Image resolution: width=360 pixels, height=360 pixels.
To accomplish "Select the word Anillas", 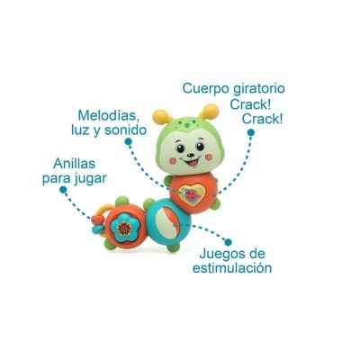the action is point(74,164).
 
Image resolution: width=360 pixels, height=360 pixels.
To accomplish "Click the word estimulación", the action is point(232,268).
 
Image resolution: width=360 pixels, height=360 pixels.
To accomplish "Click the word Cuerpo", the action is point(202,89).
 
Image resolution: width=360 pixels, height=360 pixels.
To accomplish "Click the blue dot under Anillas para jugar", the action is point(63,190).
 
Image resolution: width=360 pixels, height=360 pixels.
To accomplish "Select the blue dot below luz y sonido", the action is point(128,141).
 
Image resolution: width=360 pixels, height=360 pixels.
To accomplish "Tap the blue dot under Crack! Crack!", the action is point(251,132).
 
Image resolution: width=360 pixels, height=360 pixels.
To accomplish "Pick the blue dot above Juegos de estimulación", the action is point(229,242).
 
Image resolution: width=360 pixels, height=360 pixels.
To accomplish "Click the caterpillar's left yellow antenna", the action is point(162,117).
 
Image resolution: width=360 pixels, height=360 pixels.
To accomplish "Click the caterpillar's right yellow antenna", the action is point(209,112).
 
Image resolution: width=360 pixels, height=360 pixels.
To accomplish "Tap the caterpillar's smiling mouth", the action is point(191,162).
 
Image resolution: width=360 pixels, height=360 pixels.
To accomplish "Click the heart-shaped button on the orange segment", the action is point(192,194).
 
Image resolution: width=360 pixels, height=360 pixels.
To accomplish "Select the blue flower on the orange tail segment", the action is point(123,228).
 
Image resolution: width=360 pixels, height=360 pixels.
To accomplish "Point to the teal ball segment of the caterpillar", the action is point(167,221).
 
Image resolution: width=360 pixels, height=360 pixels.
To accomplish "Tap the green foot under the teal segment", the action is point(174,247).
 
